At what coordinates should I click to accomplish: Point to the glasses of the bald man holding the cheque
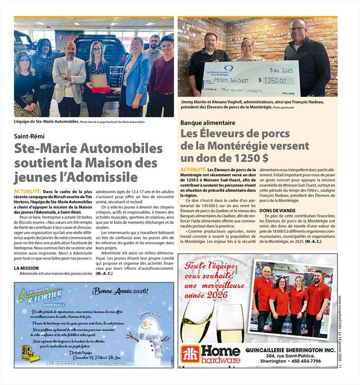click(298, 29)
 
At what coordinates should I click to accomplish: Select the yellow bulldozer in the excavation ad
click(31, 352)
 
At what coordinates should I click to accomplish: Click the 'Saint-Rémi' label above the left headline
click(28, 136)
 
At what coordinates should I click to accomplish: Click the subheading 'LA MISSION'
click(26, 268)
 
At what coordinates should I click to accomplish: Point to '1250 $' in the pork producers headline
click(246, 158)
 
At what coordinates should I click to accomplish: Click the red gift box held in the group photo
click(100, 89)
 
